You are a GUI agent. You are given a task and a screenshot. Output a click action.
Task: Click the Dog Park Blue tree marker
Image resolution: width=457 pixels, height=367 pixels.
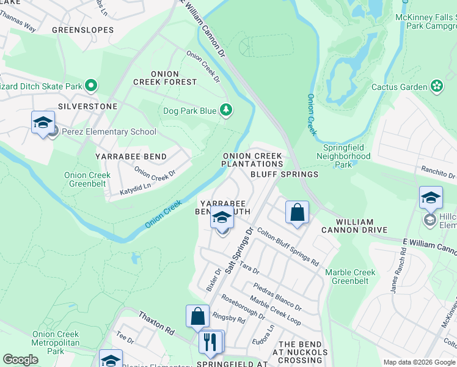point(227,110)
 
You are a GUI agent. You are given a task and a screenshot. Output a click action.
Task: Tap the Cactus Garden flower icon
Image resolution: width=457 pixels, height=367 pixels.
point(437,87)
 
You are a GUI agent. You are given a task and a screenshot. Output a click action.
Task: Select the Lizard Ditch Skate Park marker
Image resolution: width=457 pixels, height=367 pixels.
point(91,85)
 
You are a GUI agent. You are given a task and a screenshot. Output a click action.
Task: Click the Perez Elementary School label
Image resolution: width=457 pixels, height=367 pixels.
point(108,132)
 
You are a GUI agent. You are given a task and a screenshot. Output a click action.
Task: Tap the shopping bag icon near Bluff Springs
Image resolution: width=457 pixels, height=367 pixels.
point(297,213)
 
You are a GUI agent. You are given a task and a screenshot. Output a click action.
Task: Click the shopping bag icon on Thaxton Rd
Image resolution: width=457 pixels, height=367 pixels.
point(197,316)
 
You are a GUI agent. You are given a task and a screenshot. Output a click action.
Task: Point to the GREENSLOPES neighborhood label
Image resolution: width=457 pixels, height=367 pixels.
point(82,29)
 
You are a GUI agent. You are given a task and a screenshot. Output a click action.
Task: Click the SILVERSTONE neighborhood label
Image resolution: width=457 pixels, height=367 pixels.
point(79,106)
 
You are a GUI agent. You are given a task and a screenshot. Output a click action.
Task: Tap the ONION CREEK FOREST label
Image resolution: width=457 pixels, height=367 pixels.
point(166,76)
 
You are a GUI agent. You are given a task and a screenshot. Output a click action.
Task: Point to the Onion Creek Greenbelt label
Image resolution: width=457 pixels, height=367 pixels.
point(87,179)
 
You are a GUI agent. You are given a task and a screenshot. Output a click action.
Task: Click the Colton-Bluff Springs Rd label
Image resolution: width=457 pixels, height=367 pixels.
point(288,247)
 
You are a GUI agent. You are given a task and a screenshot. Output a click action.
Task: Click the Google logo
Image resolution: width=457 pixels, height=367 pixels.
point(21,360)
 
